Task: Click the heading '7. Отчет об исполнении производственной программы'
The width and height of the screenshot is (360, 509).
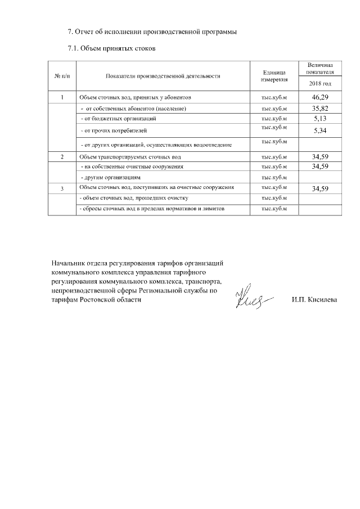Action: tap(151, 31)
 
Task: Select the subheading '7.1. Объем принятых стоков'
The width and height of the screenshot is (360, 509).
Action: tap(111, 49)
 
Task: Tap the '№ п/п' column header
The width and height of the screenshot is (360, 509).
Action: tap(61, 76)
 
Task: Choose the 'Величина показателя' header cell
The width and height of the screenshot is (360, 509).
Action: tap(320, 69)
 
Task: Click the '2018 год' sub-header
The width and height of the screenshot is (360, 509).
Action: tap(320, 84)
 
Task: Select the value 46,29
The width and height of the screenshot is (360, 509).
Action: tap(320, 97)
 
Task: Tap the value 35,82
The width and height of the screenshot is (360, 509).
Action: tap(320, 108)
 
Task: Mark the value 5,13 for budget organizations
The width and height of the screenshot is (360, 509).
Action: tap(320, 119)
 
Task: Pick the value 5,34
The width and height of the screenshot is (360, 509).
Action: tap(320, 132)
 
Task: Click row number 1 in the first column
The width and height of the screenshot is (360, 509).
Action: tap(61, 97)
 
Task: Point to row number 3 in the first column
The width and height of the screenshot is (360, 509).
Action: tap(61, 188)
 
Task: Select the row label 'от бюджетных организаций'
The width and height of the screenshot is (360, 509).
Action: tap(118, 119)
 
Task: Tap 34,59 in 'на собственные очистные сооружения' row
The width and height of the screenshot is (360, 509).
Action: tap(320, 166)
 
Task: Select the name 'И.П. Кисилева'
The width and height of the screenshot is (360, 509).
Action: tap(314, 300)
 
